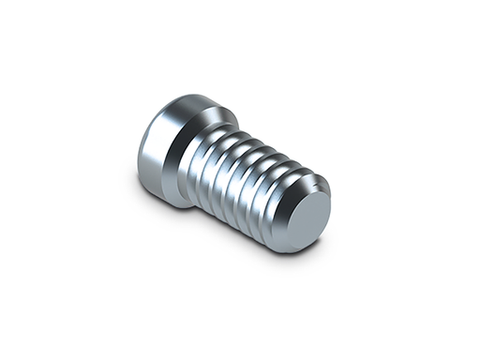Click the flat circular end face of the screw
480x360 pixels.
(x=306, y=217)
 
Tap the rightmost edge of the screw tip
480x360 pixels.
(x=331, y=207)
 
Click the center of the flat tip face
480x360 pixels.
(x=307, y=217)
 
